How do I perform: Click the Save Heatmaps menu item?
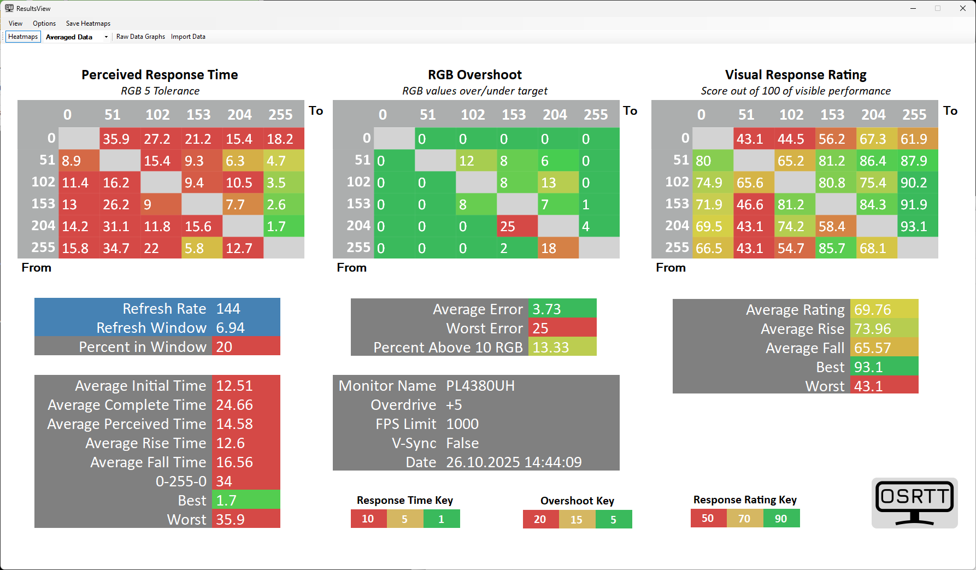[88, 23]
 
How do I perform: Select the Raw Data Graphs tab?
[140, 37]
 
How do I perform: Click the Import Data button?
[188, 37]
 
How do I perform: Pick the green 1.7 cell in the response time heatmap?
[284, 226]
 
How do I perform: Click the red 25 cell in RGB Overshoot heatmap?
[517, 226]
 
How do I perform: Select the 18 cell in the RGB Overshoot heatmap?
[558, 248]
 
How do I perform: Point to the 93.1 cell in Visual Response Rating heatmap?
[918, 226]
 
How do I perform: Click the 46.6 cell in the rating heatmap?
[754, 204]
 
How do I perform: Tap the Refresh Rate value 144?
[228, 309]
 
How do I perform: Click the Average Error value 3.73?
[547, 309]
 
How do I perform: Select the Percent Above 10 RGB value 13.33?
[551, 348]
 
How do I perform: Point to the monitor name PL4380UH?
[480, 386]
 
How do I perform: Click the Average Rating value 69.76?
[873, 310]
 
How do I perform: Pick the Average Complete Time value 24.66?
[235, 405]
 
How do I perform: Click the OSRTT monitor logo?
[914, 503]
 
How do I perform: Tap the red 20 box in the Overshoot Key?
[540, 519]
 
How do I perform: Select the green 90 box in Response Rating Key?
[781, 519]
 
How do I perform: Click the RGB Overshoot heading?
[475, 75]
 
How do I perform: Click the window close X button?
[963, 8]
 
